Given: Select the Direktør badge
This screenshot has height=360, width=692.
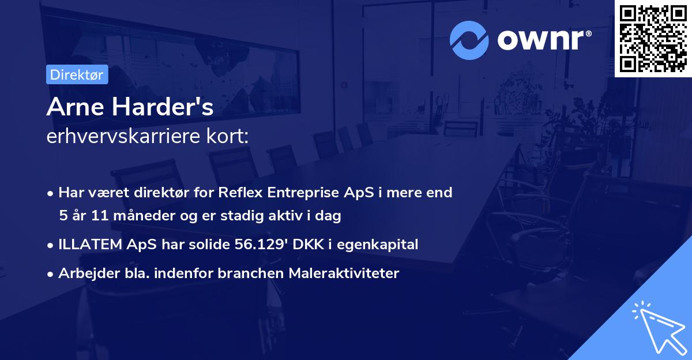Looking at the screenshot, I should tap(77, 74).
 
